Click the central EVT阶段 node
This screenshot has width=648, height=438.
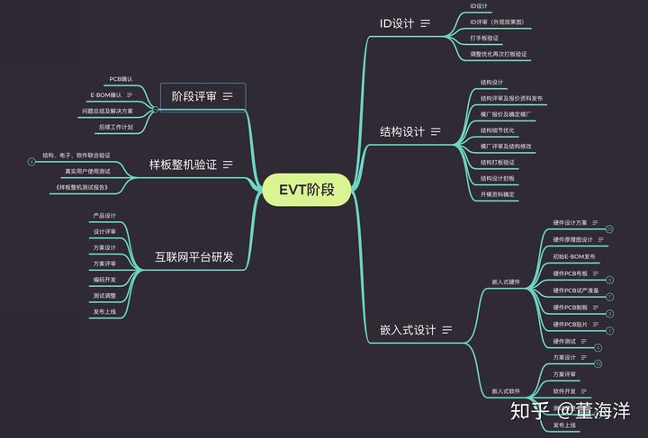pyautogui.click(x=306, y=190)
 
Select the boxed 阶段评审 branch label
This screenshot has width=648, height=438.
pyautogui.click(x=194, y=95)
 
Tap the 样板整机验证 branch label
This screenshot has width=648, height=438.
pyautogui.click(x=183, y=165)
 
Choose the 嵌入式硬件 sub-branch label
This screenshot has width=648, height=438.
pyautogui.click(x=506, y=282)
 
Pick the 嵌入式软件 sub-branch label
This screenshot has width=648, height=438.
pyautogui.click(x=506, y=391)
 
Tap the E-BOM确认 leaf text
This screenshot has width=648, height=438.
pyautogui.click(x=106, y=94)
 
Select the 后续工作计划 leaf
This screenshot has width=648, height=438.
pyautogui.click(x=115, y=127)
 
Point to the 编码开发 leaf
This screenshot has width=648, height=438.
pyautogui.click(x=104, y=280)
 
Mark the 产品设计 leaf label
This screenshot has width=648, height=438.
pyautogui.click(x=104, y=216)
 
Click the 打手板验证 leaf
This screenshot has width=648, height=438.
pyautogui.click(x=484, y=38)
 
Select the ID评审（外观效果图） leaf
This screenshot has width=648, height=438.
pyautogui.click(x=497, y=22)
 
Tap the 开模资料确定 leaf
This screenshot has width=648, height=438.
pyautogui.click(x=498, y=193)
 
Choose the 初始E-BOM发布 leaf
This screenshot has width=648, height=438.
pyautogui.click(x=573, y=256)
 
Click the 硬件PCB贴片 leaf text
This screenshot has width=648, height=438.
pyautogui.click(x=570, y=324)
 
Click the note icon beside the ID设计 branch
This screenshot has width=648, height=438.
pyautogui.click(x=426, y=23)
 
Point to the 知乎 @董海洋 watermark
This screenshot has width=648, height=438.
pyautogui.click(x=569, y=411)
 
